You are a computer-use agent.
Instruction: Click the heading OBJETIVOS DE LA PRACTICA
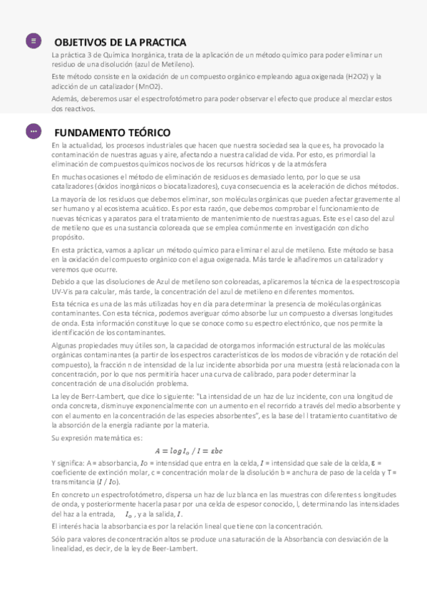point(120,42)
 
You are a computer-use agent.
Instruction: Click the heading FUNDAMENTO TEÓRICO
point(113,132)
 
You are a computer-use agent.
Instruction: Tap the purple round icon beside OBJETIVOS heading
point(34,41)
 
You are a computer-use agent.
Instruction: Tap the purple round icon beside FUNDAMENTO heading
point(34,132)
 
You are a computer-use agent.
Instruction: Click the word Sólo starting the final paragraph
point(59,539)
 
